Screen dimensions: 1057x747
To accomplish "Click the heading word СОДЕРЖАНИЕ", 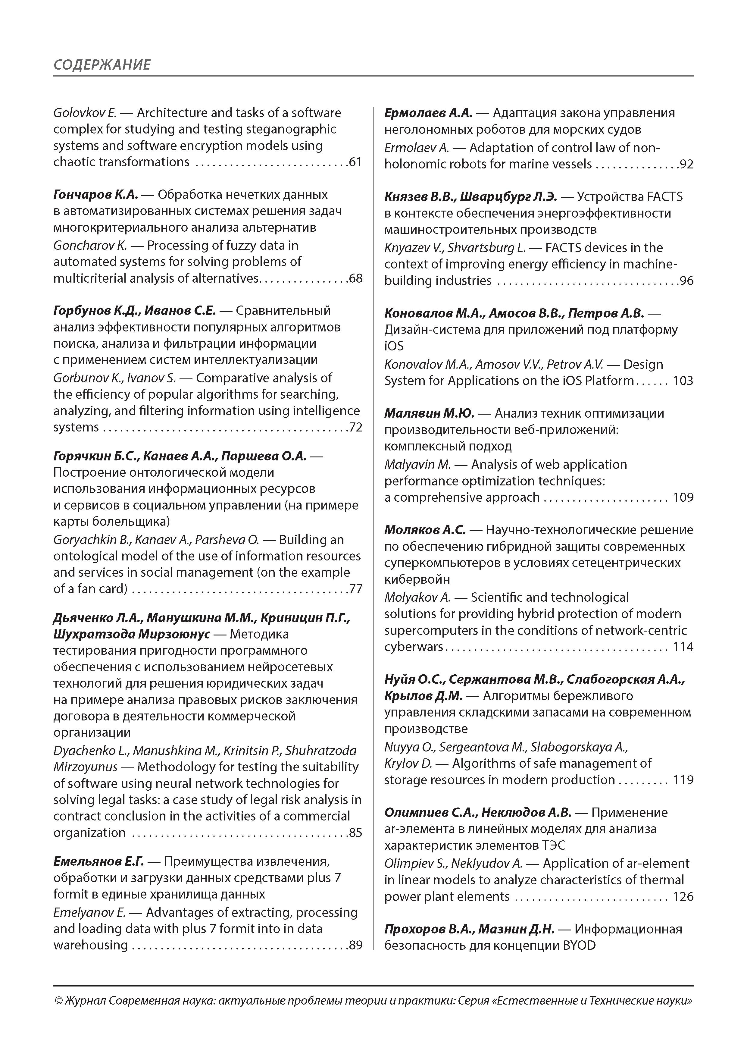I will point(102,64).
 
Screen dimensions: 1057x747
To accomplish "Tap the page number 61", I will point(355,162).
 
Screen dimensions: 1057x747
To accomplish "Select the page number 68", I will point(355,278).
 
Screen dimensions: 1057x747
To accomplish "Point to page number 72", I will point(355,427).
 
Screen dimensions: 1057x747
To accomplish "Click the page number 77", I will point(355,589).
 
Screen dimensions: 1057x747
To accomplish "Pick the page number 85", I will point(355,833).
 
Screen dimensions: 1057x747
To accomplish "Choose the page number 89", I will point(355,945).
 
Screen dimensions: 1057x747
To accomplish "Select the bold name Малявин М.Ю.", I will point(429,413).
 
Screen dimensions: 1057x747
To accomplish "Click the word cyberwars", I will point(413,647).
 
